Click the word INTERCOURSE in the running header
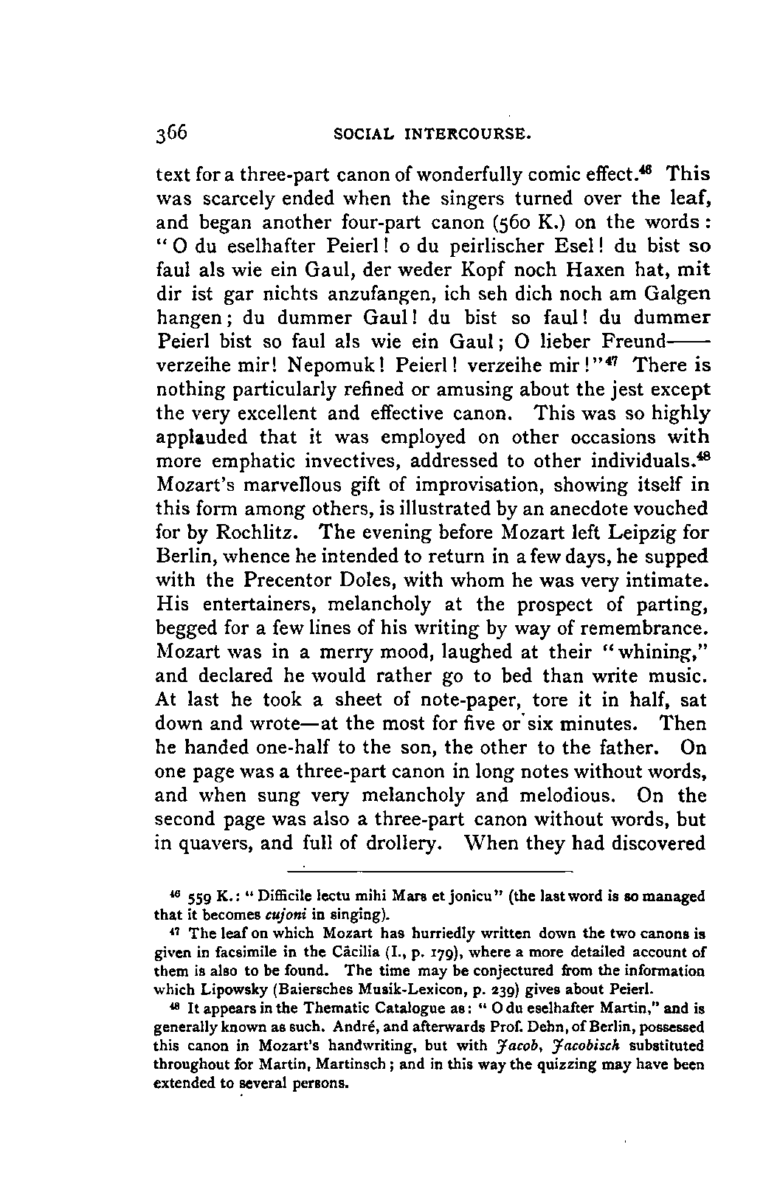[x=468, y=136]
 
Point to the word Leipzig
[x=646, y=533]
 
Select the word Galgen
[x=677, y=293]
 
